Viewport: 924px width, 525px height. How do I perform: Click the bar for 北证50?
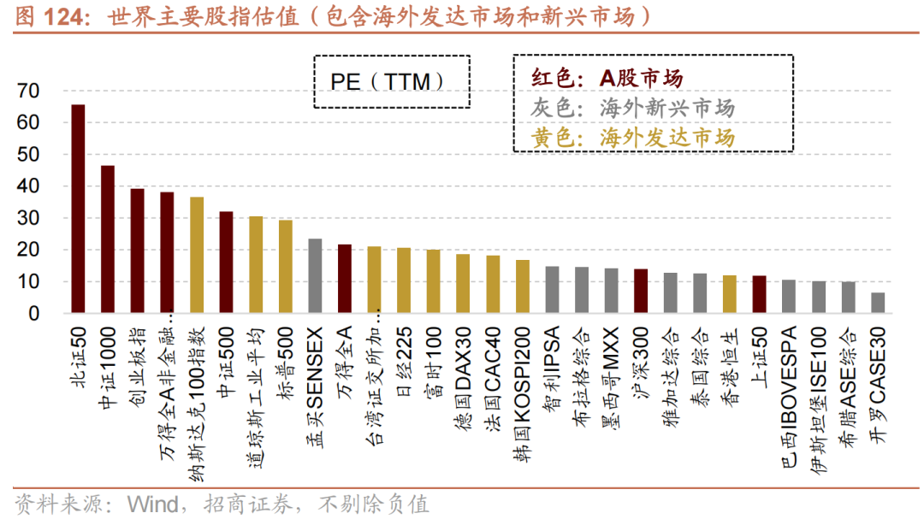click(x=78, y=209)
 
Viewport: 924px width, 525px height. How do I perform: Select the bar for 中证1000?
click(x=108, y=240)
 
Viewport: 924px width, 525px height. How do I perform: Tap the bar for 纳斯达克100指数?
click(x=197, y=256)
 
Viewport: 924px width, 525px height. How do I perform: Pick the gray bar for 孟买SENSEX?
click(x=315, y=276)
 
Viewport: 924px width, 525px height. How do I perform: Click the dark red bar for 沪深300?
click(x=641, y=292)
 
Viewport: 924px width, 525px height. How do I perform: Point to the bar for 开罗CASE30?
click(x=878, y=304)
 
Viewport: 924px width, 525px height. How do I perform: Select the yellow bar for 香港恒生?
click(x=730, y=295)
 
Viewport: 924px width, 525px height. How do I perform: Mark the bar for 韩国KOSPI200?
click(x=522, y=287)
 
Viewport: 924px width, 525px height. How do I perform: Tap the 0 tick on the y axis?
click(x=33, y=314)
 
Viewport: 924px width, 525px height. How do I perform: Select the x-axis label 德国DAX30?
click(x=463, y=375)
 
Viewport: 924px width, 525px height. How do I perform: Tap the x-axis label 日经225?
click(x=404, y=360)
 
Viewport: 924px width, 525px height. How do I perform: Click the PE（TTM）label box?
click(x=392, y=82)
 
